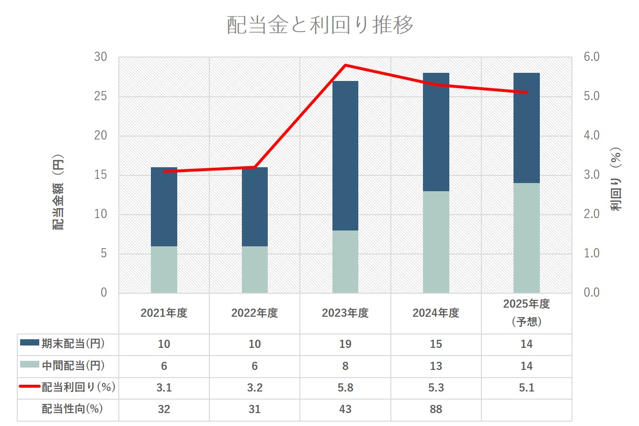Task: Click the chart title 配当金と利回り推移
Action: tap(319, 25)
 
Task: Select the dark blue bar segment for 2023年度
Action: tap(345, 156)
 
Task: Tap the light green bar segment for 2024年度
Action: tap(436, 242)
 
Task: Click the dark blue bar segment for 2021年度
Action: tap(164, 207)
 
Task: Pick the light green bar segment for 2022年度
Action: tap(254, 269)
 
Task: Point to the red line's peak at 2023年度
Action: tap(345, 65)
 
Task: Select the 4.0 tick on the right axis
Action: tap(592, 136)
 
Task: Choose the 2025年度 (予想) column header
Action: tap(526, 312)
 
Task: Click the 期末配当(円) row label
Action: tap(72, 344)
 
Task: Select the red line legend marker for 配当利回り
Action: tap(29, 388)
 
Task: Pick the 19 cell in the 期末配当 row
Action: tap(345, 344)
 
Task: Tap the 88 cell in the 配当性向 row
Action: tap(435, 409)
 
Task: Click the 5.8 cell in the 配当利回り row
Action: tap(345, 388)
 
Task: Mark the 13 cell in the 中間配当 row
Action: tap(435, 366)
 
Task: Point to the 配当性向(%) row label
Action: tap(72, 409)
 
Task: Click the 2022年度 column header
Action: tap(254, 313)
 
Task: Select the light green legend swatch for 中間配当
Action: tap(29, 366)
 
